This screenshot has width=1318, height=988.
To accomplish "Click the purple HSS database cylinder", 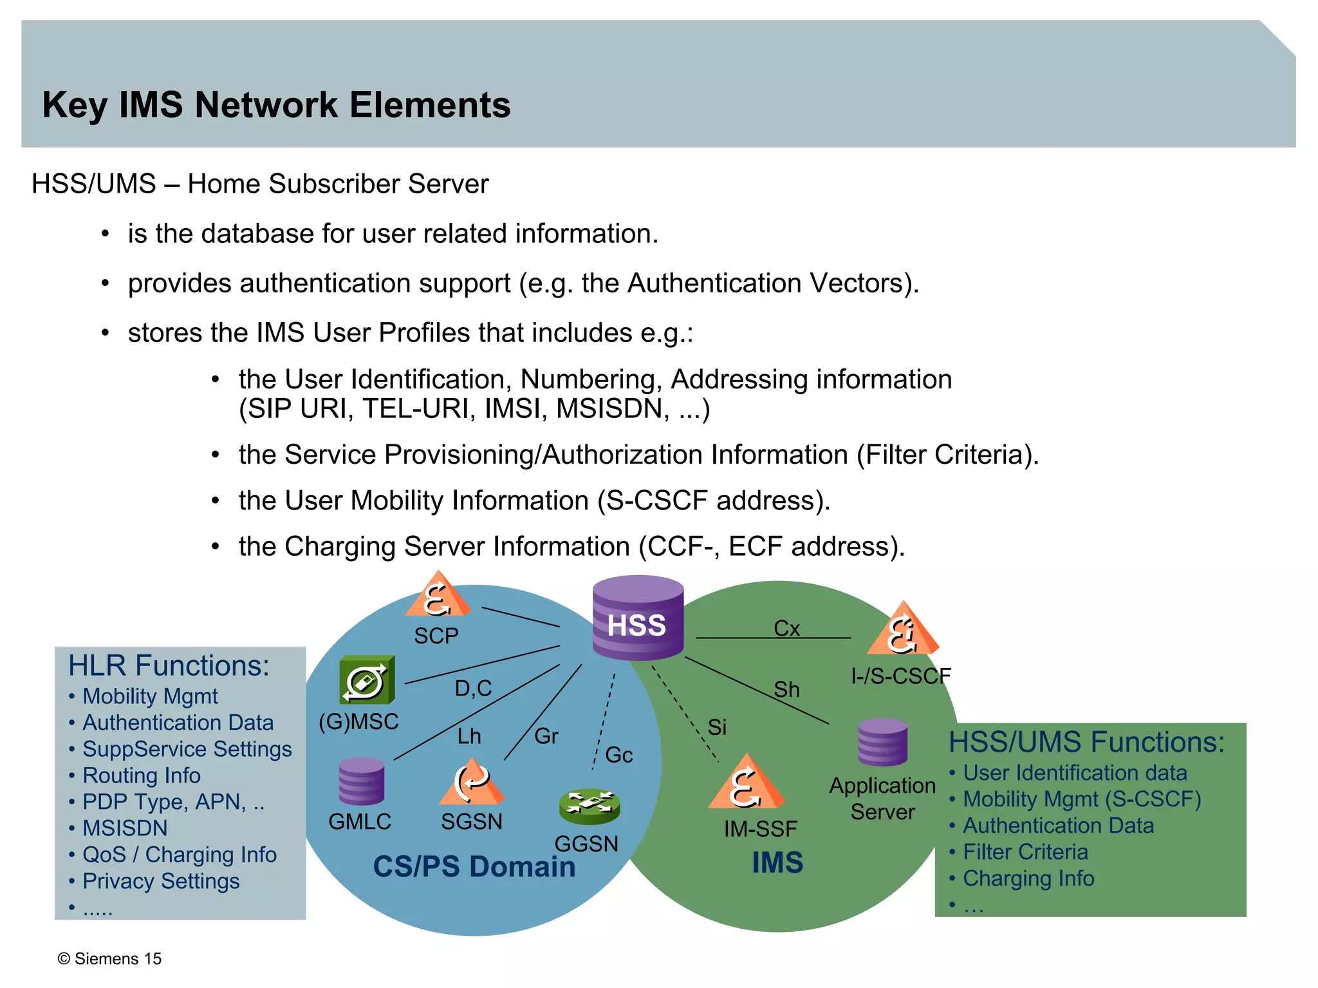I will point(637,618).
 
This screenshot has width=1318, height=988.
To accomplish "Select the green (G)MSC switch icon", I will point(366,680).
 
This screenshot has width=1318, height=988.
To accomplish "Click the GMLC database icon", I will point(361,781).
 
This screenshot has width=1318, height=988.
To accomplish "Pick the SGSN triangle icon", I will point(471,783).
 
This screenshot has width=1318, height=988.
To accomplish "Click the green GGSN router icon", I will point(589,806).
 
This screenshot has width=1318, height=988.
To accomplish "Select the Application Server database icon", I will point(882,742).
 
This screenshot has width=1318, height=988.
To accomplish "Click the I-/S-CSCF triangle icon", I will point(903,630).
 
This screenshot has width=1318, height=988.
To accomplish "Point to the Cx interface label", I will point(786,628).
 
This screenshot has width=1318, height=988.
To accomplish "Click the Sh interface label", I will point(786,690).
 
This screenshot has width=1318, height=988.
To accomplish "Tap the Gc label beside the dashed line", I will point(619,755).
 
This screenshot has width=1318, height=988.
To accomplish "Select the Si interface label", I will point(717,727).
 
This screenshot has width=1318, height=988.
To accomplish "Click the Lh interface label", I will point(469,736).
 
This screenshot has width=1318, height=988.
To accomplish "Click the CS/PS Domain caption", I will point(474,866).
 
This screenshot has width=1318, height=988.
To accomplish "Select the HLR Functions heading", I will point(169,665).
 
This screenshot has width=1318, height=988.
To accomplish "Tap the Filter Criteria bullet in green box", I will point(1025,851).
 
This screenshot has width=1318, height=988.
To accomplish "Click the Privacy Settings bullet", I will point(161,880).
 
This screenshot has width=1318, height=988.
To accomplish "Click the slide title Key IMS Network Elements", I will point(276,104).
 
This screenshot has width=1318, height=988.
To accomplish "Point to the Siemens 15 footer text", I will point(110,958).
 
